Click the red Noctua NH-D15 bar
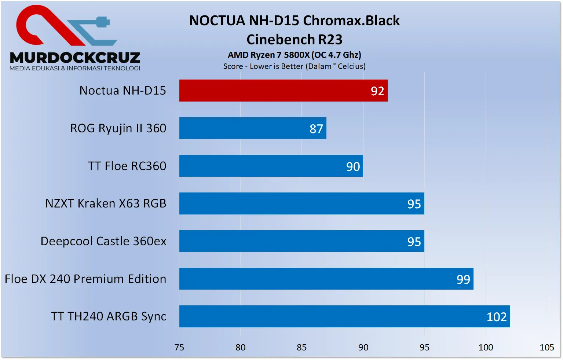tap(283, 91)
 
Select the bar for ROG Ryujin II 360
tap(253, 128)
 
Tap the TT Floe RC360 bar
tap(271, 166)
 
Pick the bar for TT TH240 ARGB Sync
tap(344, 316)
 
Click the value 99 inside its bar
tap(463, 280)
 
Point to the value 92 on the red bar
tap(377, 91)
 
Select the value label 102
tap(497, 317)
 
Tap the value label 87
tap(316, 129)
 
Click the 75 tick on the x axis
tap(179, 347)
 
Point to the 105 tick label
tap(546, 347)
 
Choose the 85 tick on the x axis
tap(301, 347)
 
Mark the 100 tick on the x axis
tap(486, 347)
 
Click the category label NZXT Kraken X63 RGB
tap(106, 203)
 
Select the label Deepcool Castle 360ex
tap(103, 241)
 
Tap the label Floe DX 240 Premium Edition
tap(85, 279)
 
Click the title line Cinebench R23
tap(294, 39)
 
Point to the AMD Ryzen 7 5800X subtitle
tap(294, 55)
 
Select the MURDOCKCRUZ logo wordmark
tap(75, 58)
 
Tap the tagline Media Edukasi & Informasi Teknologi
tap(75, 68)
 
